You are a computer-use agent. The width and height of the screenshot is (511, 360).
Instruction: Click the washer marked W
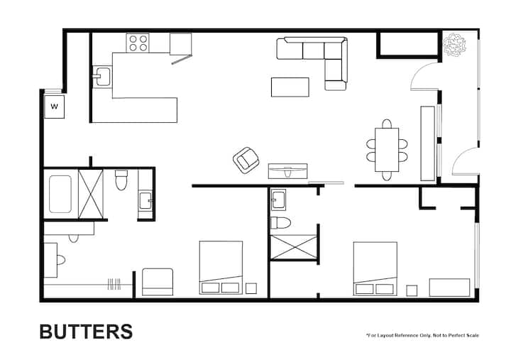coord(55,107)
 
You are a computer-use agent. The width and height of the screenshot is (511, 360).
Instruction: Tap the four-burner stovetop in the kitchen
coord(138,43)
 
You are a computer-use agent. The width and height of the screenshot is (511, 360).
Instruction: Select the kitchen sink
coord(102,77)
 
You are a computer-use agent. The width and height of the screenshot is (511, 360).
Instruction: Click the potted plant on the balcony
coord(455,44)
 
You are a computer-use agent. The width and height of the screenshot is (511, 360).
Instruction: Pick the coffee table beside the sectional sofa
coord(290,87)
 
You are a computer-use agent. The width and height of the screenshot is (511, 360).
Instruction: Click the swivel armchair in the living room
coord(246,160)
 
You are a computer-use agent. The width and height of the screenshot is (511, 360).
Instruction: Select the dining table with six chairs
coord(387,150)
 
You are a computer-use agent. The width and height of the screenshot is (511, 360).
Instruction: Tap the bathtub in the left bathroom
coord(60,194)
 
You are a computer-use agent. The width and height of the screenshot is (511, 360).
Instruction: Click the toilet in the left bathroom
coord(121,180)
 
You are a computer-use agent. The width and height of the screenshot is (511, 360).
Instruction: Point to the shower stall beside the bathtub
coord(91,194)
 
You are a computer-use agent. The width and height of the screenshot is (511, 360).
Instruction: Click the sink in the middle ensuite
coord(278,200)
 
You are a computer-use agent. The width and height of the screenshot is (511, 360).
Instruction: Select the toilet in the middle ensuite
coord(280,223)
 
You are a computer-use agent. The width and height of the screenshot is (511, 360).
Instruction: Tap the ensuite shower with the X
coord(294,247)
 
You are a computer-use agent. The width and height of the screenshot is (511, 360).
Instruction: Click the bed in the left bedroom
coord(221,268)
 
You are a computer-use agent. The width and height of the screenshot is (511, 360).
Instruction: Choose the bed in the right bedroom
coord(375,268)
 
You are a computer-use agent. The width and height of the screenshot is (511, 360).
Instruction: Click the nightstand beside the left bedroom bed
coord(251,288)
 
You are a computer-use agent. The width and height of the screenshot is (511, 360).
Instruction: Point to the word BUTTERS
coord(87,332)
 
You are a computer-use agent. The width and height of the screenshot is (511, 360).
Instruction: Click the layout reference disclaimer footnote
coord(423,335)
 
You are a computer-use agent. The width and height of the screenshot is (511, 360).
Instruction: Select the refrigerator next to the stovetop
coord(180,44)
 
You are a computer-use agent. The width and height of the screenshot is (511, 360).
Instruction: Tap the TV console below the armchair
coord(287,171)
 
